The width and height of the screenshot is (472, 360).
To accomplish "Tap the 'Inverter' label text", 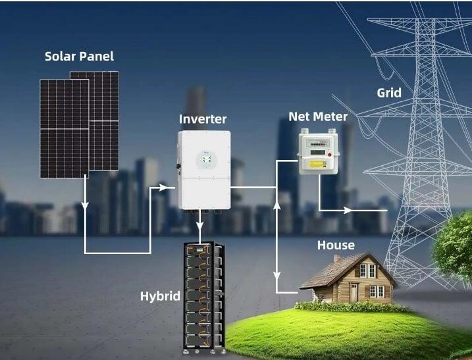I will [x=203, y=119].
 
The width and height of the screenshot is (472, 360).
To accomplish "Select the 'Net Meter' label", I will [x=318, y=116].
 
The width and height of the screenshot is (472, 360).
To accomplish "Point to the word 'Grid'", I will [x=389, y=92].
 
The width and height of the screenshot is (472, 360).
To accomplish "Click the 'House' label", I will [x=336, y=245].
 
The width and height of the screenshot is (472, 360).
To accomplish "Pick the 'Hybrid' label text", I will [x=160, y=296].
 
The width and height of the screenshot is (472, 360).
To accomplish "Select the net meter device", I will [x=319, y=151].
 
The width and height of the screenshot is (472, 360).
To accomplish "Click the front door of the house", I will [x=354, y=292].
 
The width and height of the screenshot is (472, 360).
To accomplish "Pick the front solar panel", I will [x=63, y=128].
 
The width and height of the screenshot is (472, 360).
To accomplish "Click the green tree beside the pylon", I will [x=455, y=237].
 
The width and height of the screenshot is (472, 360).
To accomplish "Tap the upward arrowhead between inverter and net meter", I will [x=276, y=206].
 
